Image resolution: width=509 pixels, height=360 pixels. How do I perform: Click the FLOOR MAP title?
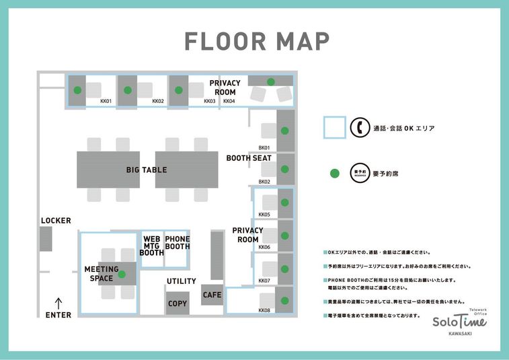tap(258, 41)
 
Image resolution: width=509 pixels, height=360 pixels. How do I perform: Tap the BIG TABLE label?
tap(147, 170)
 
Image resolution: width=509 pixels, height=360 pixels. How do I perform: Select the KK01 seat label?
tap(106, 101)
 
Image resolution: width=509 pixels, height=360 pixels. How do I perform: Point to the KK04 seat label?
tap(229, 101)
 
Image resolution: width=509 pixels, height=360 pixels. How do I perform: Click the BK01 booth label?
tap(264, 147)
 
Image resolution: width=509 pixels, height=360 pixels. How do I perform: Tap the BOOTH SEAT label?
tap(249, 158)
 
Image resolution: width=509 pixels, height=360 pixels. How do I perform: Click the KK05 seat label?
tap(264, 215)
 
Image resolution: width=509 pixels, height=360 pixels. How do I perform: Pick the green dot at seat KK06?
tap(284, 236)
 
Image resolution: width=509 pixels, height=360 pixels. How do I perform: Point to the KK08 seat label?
tap(264, 310)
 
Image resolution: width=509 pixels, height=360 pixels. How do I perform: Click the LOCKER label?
tap(56, 221)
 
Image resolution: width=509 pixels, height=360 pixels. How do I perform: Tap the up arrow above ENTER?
tap(58, 303)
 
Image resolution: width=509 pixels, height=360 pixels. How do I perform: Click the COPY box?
tap(178, 303)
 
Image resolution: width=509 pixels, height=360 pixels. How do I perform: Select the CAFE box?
tap(212, 295)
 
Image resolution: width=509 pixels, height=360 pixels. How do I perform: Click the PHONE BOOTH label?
tap(178, 243)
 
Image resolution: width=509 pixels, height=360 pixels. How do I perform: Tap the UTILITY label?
tap(181, 281)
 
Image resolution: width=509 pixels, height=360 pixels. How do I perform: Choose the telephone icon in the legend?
tap(360, 127)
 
